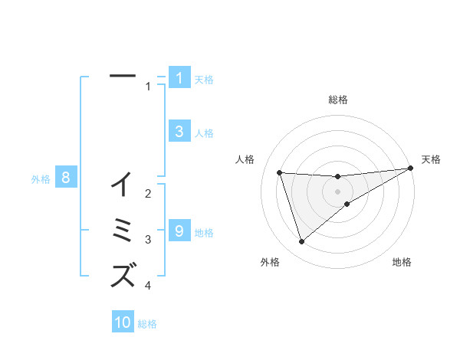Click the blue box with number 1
click(x=179, y=77)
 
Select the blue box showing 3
click(x=179, y=131)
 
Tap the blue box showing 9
click(x=179, y=231)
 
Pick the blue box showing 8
click(x=66, y=178)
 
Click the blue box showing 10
click(x=123, y=322)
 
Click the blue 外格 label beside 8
click(x=41, y=179)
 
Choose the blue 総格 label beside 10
click(x=147, y=324)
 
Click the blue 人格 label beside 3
click(x=204, y=133)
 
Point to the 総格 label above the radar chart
click(x=338, y=100)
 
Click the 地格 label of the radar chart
click(x=402, y=262)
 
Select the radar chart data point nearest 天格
click(x=411, y=169)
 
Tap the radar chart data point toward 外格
click(x=301, y=242)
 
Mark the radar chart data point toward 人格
click(x=280, y=172)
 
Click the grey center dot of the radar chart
click(x=338, y=191)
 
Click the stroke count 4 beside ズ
click(x=148, y=286)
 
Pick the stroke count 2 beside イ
click(x=148, y=194)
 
